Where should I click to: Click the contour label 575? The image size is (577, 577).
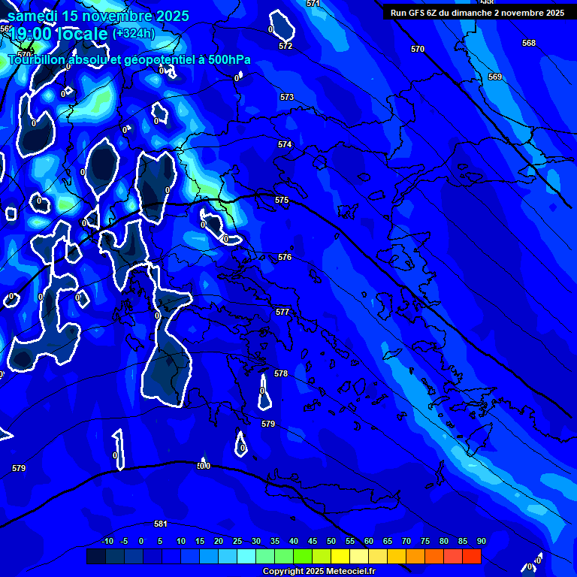[282, 200]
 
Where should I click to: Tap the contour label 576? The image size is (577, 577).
[285, 257]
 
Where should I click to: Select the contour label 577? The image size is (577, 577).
[282, 312]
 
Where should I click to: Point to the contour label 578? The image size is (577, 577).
[281, 373]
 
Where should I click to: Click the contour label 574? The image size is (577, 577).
[285, 144]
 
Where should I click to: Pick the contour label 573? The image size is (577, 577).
[287, 98]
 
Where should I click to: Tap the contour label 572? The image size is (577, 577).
[285, 47]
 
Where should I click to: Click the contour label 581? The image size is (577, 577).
[160, 524]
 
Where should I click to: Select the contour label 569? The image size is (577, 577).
[494, 77]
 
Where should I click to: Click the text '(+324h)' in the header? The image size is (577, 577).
[133, 34]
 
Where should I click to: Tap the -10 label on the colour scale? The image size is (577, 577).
[107, 542]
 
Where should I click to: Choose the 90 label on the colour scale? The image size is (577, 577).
[481, 542]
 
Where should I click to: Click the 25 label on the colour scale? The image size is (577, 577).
[237, 542]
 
